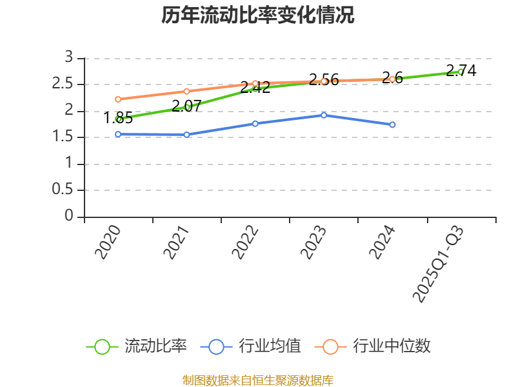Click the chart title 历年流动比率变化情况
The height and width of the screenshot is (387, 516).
258,15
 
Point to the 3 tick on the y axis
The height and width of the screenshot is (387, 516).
69,58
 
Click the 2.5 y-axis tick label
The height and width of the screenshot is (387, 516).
63,84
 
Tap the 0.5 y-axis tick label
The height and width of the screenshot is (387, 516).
63,190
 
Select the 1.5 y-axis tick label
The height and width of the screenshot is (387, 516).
63,137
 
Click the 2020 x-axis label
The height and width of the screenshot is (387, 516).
108,243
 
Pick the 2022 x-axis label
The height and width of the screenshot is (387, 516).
246,243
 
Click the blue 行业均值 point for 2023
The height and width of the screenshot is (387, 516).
324,115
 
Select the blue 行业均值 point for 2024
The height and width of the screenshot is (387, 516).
392,124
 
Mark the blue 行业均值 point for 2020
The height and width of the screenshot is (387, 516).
118,134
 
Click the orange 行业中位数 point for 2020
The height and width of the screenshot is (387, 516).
118,99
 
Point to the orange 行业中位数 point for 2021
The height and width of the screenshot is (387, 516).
186,91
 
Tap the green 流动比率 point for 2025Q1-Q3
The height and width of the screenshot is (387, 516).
461,72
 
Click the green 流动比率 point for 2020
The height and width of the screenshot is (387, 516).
119,119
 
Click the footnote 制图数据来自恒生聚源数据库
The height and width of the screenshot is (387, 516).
258,380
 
